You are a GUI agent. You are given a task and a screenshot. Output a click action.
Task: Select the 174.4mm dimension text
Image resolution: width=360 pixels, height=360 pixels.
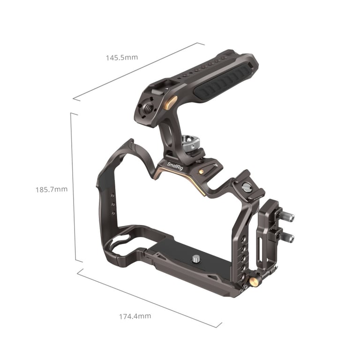[135, 316]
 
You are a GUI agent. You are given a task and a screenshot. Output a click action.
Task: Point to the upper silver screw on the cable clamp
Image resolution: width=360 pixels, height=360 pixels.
[287, 217]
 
